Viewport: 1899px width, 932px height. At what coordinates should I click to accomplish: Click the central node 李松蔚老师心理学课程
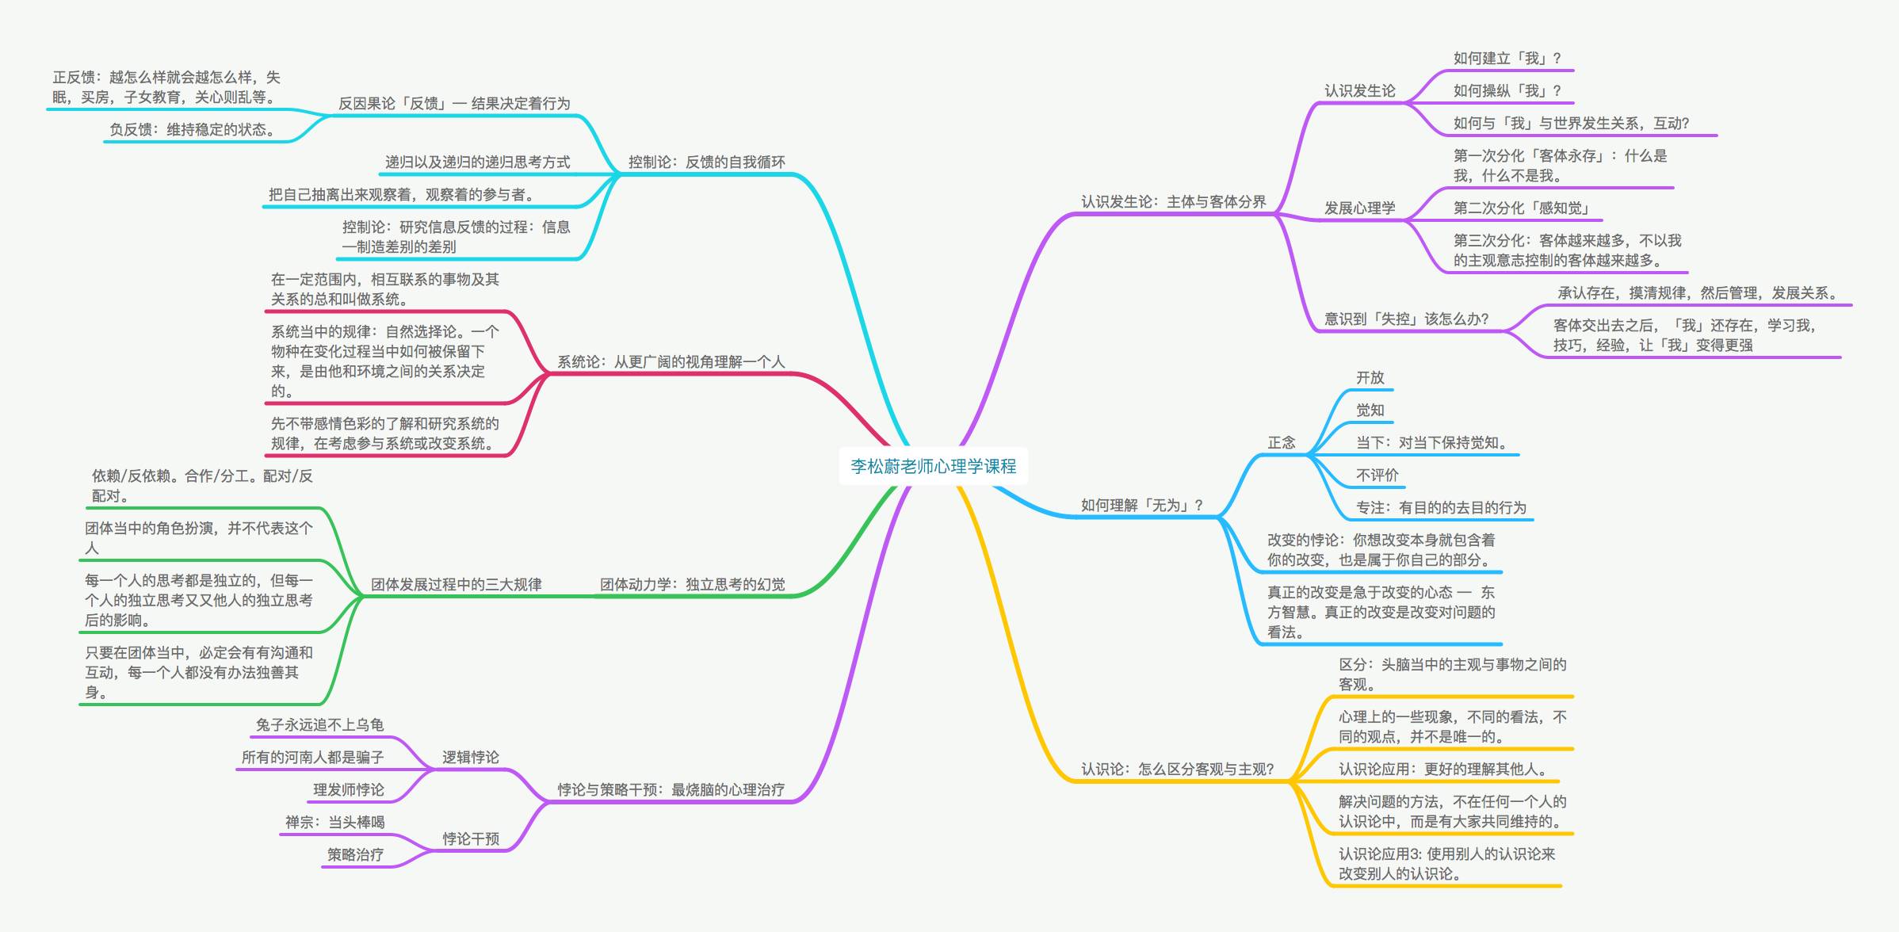tap(934, 466)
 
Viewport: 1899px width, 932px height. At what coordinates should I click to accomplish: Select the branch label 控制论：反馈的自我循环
tap(707, 162)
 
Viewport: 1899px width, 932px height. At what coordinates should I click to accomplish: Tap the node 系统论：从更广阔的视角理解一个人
tap(671, 362)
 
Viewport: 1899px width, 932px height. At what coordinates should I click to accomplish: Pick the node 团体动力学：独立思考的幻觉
tap(693, 585)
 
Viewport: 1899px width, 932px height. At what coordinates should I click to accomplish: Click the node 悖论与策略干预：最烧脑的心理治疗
tap(671, 790)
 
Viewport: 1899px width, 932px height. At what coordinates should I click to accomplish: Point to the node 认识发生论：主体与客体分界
tap(1174, 202)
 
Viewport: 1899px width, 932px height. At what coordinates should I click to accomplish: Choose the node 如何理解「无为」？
tap(1142, 506)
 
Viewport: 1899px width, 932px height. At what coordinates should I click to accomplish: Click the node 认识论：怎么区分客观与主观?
tap(1178, 770)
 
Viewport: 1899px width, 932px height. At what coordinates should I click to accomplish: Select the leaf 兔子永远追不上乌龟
tap(319, 725)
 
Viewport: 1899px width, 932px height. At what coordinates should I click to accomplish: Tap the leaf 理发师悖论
tap(349, 790)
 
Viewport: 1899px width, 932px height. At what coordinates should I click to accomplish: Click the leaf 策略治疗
tap(355, 855)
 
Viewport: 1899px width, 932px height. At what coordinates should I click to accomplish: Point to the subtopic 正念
tap(1282, 443)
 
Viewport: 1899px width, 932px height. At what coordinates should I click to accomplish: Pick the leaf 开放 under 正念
tap(1370, 378)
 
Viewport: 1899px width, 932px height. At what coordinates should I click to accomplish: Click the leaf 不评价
tap(1377, 476)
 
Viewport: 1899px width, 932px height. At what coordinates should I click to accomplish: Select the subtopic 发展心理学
tap(1360, 208)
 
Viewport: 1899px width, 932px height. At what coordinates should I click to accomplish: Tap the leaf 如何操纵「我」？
tap(1507, 91)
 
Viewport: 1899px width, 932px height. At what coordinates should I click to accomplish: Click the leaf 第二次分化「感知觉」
tap(1523, 208)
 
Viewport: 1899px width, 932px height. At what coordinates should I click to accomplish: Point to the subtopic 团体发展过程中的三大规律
tap(457, 585)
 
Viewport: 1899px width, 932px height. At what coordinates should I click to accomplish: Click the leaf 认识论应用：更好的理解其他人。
tap(1443, 770)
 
